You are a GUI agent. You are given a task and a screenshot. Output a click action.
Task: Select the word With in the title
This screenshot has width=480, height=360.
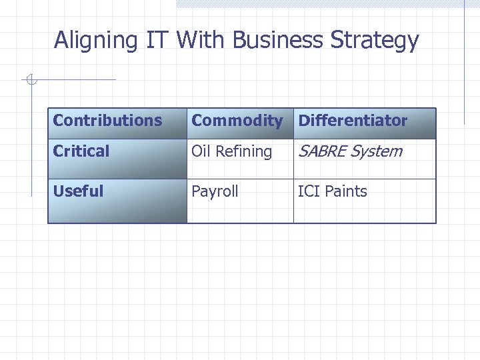click(201, 40)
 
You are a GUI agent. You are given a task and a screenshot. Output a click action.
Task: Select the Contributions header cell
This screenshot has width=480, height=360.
click(107, 121)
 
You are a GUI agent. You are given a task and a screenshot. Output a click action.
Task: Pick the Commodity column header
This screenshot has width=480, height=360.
click(237, 121)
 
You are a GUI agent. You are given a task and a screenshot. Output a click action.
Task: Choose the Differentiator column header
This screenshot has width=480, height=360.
click(353, 121)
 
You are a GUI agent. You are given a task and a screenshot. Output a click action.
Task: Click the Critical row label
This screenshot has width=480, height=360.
click(81, 151)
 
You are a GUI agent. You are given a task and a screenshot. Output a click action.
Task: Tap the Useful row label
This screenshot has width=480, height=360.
click(78, 191)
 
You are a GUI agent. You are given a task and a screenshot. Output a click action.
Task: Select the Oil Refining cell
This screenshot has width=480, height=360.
click(232, 151)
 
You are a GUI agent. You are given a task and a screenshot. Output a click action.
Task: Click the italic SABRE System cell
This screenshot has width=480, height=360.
click(350, 151)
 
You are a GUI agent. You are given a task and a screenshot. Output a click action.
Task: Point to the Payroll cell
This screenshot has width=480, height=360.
click(215, 191)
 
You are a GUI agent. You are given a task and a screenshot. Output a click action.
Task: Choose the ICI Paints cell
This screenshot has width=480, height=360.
click(333, 191)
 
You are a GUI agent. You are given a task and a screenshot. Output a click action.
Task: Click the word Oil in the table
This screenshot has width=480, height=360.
click(201, 151)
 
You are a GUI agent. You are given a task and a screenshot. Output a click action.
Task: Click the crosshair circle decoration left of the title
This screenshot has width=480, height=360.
click(31, 81)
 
